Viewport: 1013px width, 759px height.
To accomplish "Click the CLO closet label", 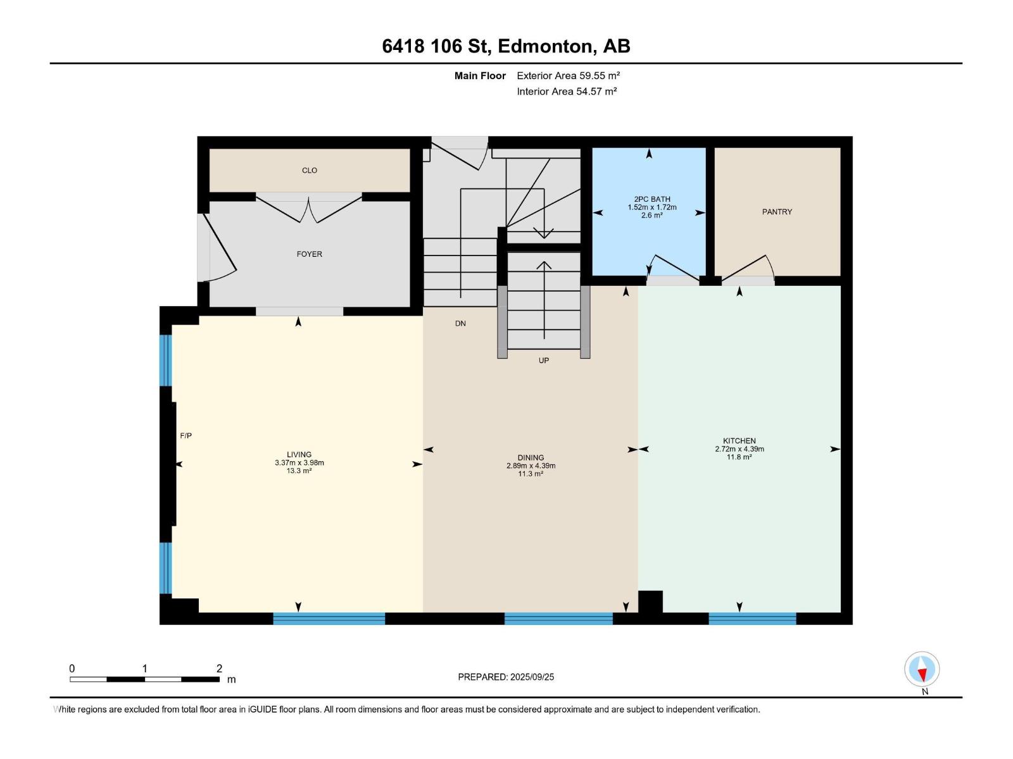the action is click(309, 171).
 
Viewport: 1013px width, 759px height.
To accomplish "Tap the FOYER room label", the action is click(309, 254).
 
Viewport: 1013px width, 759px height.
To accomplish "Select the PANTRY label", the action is click(777, 212).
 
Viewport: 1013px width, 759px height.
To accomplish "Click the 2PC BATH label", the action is click(651, 199).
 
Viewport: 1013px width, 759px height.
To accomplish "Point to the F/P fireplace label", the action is click(186, 436).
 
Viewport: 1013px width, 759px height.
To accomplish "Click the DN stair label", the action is click(460, 323).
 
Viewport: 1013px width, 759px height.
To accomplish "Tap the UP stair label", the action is click(544, 361).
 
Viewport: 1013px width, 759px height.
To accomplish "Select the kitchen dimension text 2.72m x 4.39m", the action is click(739, 449).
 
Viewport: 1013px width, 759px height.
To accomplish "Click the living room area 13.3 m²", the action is click(299, 471).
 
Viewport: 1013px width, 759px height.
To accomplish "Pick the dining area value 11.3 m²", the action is click(531, 473).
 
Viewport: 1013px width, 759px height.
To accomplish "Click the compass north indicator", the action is click(922, 669).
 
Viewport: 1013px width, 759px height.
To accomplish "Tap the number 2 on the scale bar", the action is click(219, 668).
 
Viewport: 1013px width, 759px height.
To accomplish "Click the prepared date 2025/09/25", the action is click(532, 677).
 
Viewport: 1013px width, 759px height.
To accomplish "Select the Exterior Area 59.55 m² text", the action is click(568, 75).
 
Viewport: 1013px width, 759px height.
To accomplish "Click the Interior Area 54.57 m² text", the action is click(567, 91).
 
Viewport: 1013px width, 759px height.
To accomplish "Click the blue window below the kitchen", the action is click(752, 619).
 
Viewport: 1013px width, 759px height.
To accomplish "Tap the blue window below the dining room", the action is click(558, 619).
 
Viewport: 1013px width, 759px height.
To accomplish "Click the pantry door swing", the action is click(748, 268).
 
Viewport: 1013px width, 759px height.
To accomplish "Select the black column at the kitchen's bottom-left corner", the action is click(650, 602).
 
